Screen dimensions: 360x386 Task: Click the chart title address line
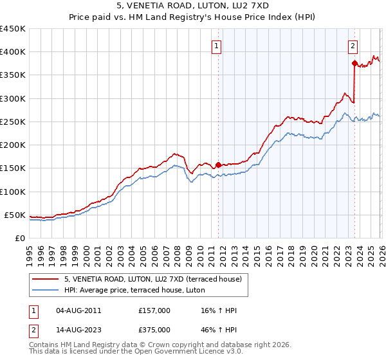(x=193, y=7)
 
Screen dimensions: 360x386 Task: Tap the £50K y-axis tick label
(x=14, y=215)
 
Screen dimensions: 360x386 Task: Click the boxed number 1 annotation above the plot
(x=217, y=46)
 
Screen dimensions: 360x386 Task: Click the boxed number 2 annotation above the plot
(x=353, y=46)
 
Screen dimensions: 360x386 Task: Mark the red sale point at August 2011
(x=218, y=165)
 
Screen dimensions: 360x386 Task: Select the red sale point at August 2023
(x=354, y=63)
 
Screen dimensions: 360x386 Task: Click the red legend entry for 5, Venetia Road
(x=153, y=279)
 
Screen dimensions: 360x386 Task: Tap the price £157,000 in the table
(x=154, y=310)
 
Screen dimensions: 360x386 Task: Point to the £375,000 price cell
(x=154, y=330)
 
